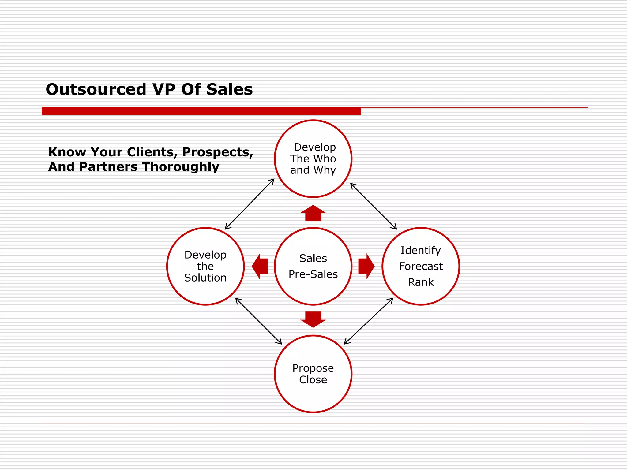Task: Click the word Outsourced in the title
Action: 96,89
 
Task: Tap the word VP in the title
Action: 164,89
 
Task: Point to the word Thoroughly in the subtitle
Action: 181,167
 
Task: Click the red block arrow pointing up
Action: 313,213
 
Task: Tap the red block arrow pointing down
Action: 313,319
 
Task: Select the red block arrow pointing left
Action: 260,266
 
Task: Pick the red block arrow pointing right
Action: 366,266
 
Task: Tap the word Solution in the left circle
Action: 205,278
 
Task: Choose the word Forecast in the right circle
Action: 421,266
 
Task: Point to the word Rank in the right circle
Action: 421,282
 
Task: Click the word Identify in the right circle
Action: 421,250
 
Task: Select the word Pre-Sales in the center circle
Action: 313,274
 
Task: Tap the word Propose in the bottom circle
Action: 313,368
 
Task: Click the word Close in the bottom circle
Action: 313,380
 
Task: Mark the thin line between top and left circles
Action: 250,204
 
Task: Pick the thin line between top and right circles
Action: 374,206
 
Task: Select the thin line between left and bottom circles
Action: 259,321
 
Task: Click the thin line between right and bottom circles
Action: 369,321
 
